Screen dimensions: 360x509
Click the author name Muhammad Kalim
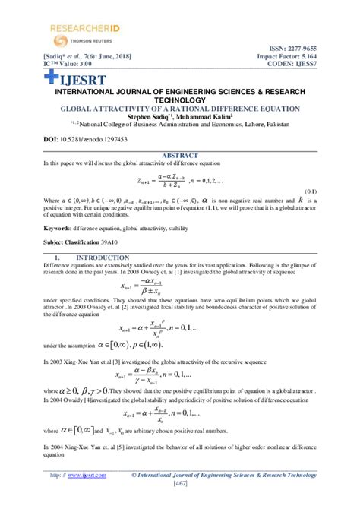[x=211, y=117]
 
